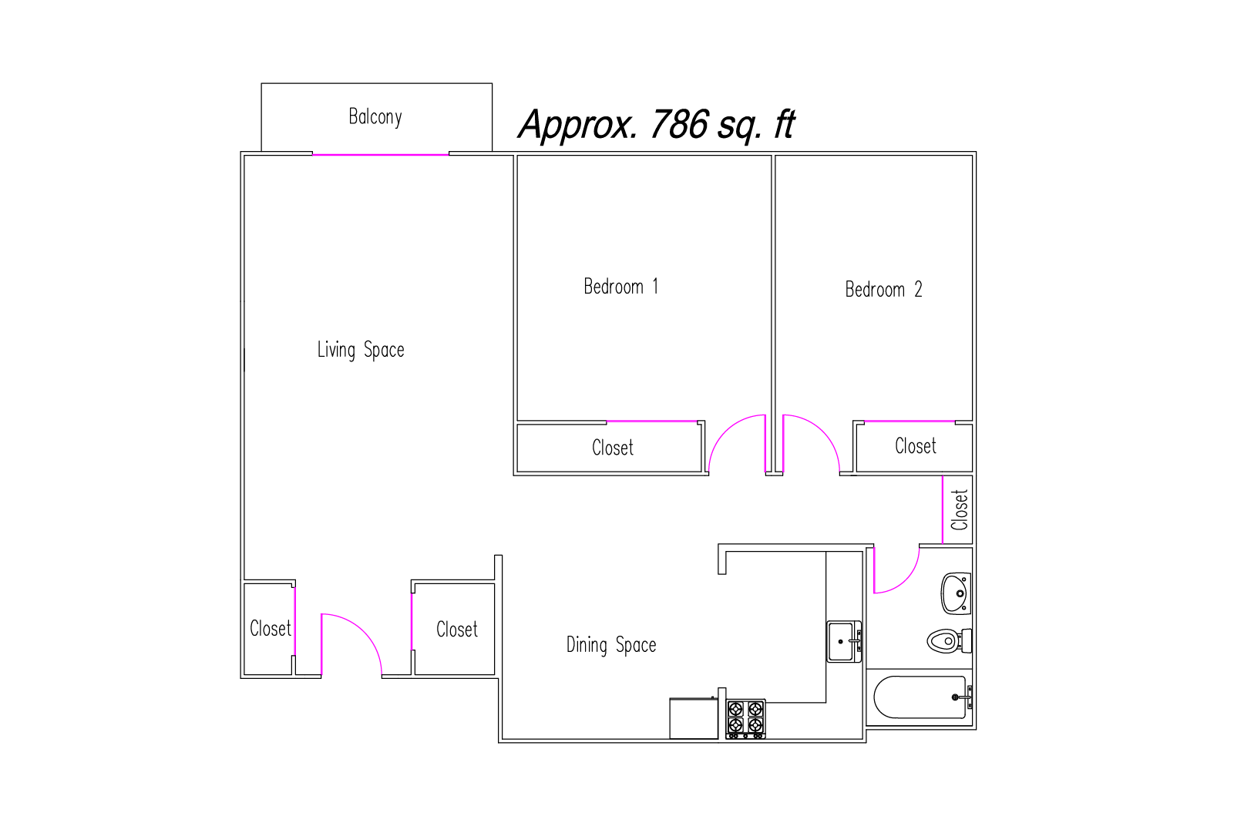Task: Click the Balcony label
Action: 375,117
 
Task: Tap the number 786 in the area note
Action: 679,125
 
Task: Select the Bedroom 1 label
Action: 621,287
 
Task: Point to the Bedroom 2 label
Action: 883,289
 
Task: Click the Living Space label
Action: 361,350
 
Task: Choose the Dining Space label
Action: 611,645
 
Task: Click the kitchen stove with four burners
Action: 745,719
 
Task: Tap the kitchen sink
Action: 844,642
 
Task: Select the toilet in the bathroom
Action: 949,641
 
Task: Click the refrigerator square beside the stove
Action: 694,718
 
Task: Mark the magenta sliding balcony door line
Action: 381,155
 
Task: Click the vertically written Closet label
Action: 959,510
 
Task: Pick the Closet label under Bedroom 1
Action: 613,448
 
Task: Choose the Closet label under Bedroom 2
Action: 915,446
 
